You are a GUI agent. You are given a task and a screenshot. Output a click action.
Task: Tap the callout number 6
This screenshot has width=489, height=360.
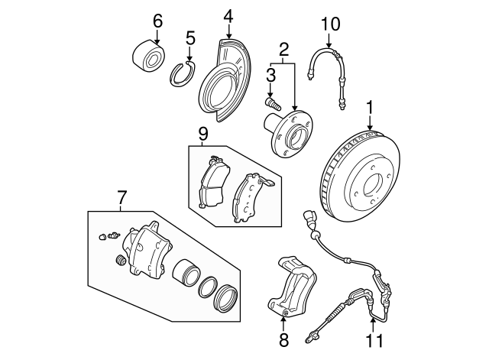pyautogui.click(x=157, y=20)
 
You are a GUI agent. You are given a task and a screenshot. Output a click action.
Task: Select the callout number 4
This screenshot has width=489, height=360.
pyautogui.click(x=228, y=16)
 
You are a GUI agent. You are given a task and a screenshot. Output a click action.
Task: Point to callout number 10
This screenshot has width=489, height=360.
pyautogui.click(x=329, y=24)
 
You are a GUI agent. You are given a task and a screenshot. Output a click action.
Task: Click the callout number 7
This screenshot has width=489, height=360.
pyautogui.click(x=121, y=198)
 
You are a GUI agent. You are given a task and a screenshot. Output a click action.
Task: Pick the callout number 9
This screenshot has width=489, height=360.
pyautogui.click(x=202, y=135)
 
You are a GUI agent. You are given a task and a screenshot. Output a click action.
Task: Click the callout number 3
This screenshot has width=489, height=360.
pyautogui.click(x=270, y=75)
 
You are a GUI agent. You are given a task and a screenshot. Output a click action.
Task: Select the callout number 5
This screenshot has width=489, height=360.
pyautogui.click(x=190, y=37)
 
